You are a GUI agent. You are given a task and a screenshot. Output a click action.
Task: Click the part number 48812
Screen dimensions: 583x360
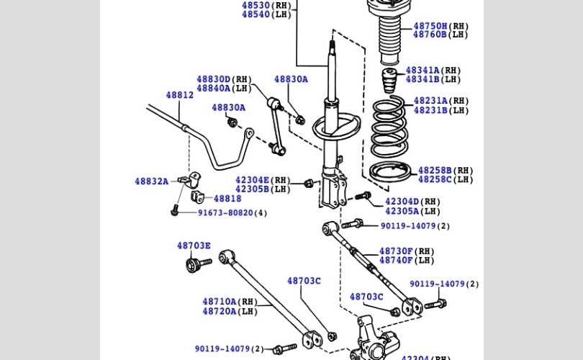[180, 95]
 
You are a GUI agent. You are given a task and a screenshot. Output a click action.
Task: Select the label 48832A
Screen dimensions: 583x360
[151, 181]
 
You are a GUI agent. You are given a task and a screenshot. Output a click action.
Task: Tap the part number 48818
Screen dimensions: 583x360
[227, 199]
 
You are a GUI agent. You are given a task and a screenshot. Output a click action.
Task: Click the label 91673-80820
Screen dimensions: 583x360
[225, 212]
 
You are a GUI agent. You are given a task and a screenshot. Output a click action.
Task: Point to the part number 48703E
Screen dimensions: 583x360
[194, 246]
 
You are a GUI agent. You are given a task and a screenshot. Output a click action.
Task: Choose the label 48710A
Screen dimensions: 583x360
[220, 301]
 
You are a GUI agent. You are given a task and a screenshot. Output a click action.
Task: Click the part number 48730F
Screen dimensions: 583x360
[396, 251]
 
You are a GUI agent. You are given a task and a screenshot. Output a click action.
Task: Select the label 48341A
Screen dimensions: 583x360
[422, 71]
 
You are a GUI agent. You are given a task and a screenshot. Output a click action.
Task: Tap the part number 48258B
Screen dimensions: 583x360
[435, 171]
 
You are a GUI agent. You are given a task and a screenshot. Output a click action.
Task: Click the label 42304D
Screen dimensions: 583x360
[402, 202]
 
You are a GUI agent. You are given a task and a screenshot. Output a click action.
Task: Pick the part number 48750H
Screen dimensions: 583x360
[430, 26]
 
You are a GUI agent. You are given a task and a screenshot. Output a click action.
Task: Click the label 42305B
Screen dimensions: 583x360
[252, 189]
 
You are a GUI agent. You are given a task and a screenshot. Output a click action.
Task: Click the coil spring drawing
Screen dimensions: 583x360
[389, 127]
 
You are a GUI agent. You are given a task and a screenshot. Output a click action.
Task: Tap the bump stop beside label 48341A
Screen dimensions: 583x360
[389, 81]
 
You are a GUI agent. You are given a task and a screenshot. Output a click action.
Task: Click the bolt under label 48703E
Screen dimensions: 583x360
[198, 264]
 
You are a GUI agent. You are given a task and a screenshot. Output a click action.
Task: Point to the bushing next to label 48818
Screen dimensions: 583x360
[197, 197]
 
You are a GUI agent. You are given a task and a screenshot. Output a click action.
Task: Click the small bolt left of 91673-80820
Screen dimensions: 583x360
[175, 210]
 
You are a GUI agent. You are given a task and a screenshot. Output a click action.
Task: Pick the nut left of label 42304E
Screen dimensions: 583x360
[308, 183]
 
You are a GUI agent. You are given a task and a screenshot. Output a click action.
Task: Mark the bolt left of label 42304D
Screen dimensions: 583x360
[363, 195]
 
